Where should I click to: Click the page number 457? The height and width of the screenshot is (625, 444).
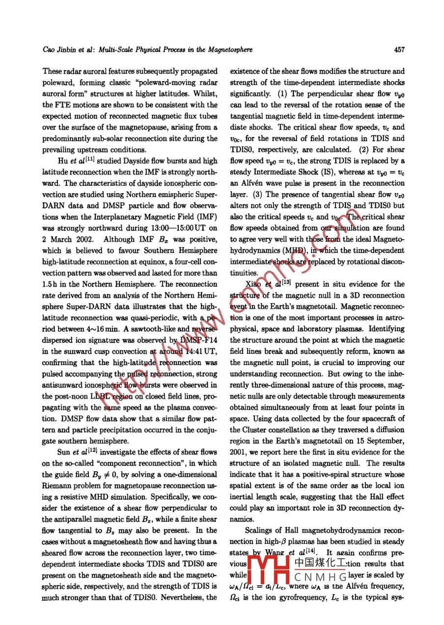[399, 50]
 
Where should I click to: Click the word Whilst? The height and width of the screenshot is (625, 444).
[205, 93]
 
